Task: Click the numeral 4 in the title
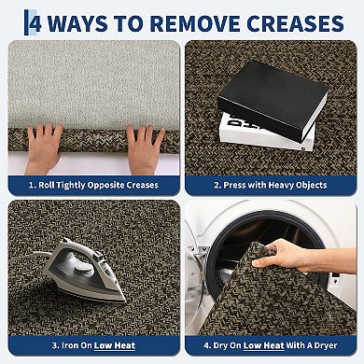pyautogui.click(x=35, y=22)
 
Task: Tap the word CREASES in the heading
pyautogui.click(x=295, y=23)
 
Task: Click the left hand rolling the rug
pyautogui.click(x=44, y=147)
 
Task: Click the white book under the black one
pyautogui.click(x=268, y=133)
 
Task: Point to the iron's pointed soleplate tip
pyautogui.click(x=124, y=301)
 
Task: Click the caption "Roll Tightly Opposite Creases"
pyautogui.click(x=93, y=185)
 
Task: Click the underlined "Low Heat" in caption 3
pyautogui.click(x=115, y=345)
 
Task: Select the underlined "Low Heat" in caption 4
pyautogui.click(x=264, y=345)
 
